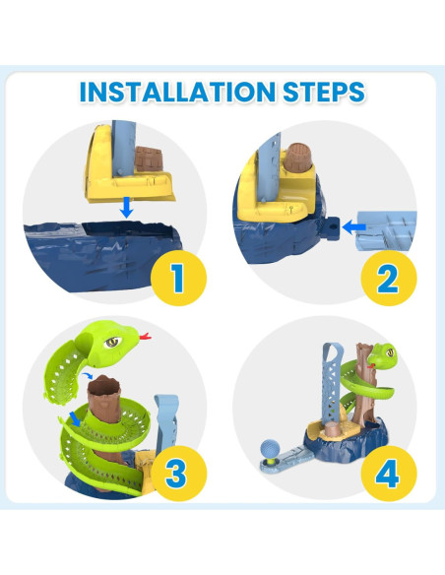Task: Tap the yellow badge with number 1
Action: (177, 277)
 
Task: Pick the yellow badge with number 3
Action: (176, 474)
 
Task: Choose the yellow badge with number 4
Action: (388, 474)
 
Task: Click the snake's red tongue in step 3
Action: (145, 338)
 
